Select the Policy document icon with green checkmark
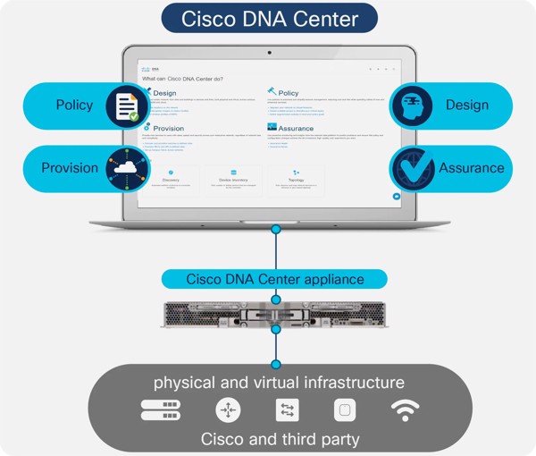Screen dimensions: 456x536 127,106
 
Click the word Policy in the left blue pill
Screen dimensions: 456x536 73,106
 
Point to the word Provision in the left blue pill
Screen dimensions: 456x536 70,168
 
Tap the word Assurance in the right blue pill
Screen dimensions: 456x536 471,168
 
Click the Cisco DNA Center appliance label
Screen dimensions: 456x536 274,279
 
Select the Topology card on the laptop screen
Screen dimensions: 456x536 296,181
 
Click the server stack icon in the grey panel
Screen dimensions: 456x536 161,410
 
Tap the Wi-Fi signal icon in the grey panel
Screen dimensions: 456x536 405,410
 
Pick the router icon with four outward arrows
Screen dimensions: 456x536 228,410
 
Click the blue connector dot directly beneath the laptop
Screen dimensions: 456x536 276,231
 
